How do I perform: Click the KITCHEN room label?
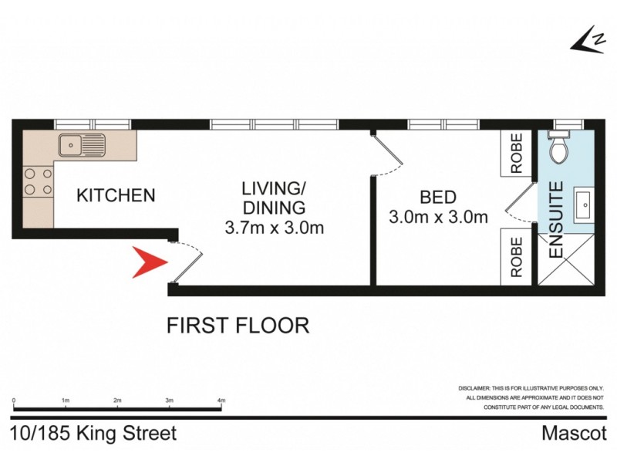pos(116,195)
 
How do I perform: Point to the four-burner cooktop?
pos(38,181)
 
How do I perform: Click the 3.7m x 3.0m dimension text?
pos(274,228)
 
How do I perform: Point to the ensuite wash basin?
pos(584,205)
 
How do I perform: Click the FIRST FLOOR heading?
pos(238,326)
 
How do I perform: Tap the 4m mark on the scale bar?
pos(221,400)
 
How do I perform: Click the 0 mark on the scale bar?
pos(14,400)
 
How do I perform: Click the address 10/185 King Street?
pos(93,434)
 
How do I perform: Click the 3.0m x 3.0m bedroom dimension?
pos(439,218)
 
